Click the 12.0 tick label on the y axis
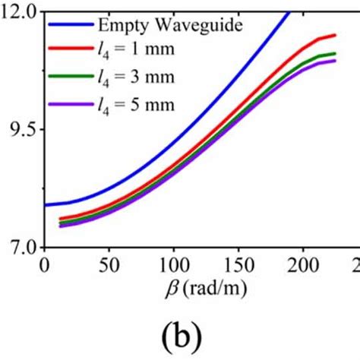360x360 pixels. (x=20, y=11)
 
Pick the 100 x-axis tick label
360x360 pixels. (x=173, y=265)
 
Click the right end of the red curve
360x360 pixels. (x=335, y=35)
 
